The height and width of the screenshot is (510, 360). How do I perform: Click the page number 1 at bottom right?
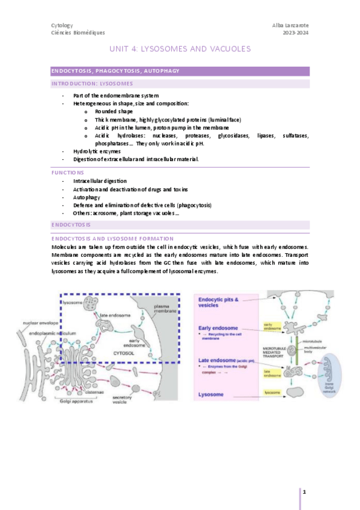305,492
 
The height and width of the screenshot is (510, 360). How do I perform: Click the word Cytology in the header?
62,25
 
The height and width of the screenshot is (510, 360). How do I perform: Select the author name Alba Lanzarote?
291,25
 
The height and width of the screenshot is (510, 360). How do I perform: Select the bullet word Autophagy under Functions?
87,197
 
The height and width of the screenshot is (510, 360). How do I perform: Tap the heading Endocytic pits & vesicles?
220,302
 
